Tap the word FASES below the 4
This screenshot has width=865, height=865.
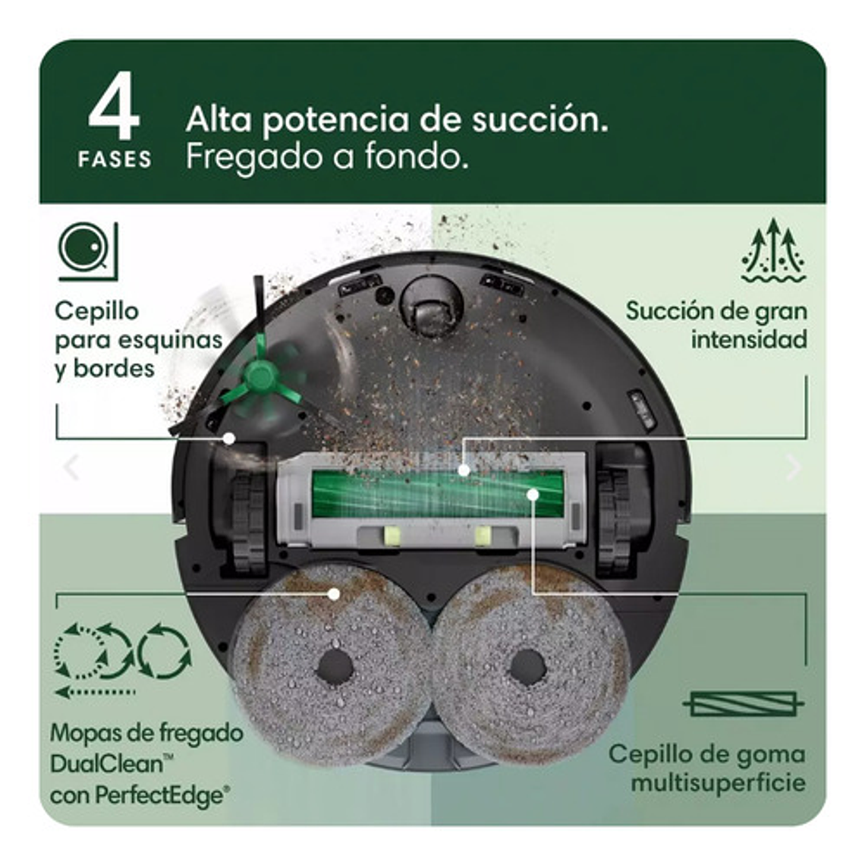pyautogui.click(x=115, y=159)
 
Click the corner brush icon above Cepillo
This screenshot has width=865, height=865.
pyautogui.click(x=88, y=251)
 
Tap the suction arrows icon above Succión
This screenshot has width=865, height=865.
pyautogui.click(x=772, y=251)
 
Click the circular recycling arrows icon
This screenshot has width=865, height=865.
pyautogui.click(x=121, y=651)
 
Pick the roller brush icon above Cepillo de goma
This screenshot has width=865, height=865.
pyautogui.click(x=743, y=705)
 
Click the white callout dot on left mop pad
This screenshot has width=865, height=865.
pyautogui.click(x=333, y=594)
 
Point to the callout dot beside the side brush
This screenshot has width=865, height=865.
pyautogui.click(x=228, y=438)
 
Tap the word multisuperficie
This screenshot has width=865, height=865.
pyautogui.click(x=717, y=782)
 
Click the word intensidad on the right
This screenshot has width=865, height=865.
pyautogui.click(x=748, y=339)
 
